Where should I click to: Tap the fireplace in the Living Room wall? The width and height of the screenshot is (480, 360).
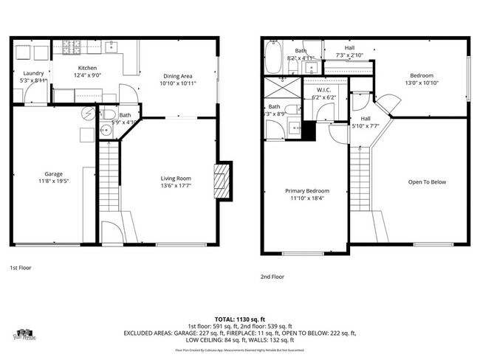pyautogui.click(x=222, y=179)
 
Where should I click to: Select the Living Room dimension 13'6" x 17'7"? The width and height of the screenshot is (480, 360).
pyautogui.click(x=176, y=186)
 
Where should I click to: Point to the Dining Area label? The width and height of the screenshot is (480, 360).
pyautogui.click(x=177, y=75)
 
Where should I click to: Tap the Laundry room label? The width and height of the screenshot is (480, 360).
pyautogui.click(x=33, y=73)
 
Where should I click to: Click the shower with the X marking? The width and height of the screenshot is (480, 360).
pyautogui.click(x=278, y=91)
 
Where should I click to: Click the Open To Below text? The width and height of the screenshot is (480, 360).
pyautogui.click(x=427, y=182)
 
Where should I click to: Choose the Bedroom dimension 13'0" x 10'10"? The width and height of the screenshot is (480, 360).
pyautogui.click(x=422, y=82)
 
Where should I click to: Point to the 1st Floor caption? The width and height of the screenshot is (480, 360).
pyautogui.click(x=21, y=268)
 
